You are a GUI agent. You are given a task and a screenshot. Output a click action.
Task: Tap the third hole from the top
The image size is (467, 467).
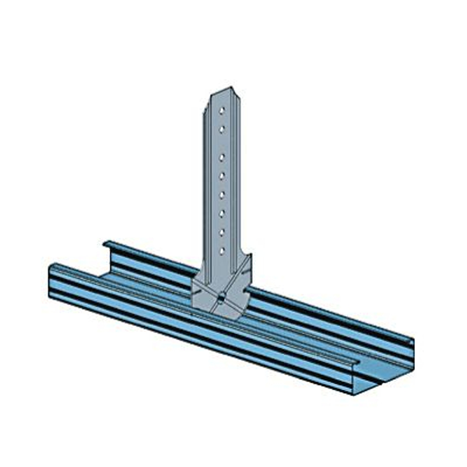point(223,156)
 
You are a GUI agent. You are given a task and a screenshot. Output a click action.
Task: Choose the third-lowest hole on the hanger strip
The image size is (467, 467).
point(223,212)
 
